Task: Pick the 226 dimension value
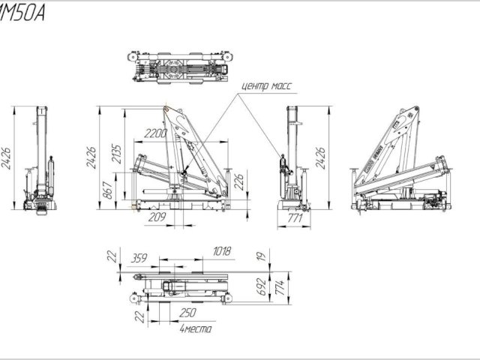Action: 238,181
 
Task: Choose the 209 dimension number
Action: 157,218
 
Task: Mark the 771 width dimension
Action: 295,218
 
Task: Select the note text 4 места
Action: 196,328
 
